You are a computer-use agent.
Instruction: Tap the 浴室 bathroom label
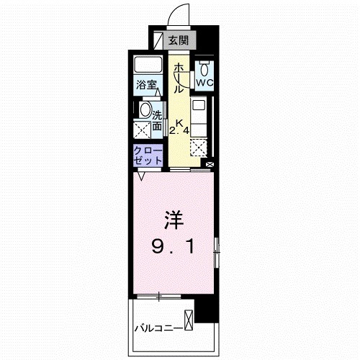(148, 85)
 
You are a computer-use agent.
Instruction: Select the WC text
(204, 83)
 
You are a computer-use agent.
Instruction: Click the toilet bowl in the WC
(204, 69)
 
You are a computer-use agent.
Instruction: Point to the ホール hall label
(178, 77)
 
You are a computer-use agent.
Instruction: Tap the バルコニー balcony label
(156, 328)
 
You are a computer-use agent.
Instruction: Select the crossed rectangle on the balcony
(189, 320)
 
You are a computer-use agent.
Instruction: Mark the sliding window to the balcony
(158, 296)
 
